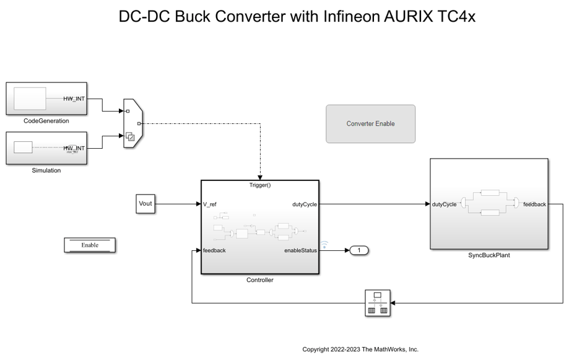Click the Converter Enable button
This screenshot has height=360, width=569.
tap(370, 124)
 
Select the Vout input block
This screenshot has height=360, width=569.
tap(145, 203)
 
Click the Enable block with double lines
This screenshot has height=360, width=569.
tap(90, 245)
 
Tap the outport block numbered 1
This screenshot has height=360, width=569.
tap(359, 250)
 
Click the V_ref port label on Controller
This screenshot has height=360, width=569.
tap(210, 204)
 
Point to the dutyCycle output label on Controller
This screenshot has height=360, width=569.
tap(305, 204)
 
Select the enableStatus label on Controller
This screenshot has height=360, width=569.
tap(300, 250)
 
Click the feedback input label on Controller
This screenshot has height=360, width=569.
tap(214, 250)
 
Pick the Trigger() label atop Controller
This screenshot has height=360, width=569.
tap(260, 185)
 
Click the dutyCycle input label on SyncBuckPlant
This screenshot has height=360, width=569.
tap(444, 204)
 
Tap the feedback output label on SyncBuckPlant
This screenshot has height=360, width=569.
tap(534, 204)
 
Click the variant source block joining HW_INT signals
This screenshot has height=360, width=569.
tap(132, 123)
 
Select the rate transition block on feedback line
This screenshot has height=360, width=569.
tap(378, 303)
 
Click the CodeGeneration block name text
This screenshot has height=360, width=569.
tap(46, 121)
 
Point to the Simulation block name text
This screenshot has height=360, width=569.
tap(46, 170)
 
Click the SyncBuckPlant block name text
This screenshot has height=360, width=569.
tap(489, 255)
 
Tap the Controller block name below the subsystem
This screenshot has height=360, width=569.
tap(260, 280)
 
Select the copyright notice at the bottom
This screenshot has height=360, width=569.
tap(360, 349)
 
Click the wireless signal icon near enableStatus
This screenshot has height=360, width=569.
tap(324, 244)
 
